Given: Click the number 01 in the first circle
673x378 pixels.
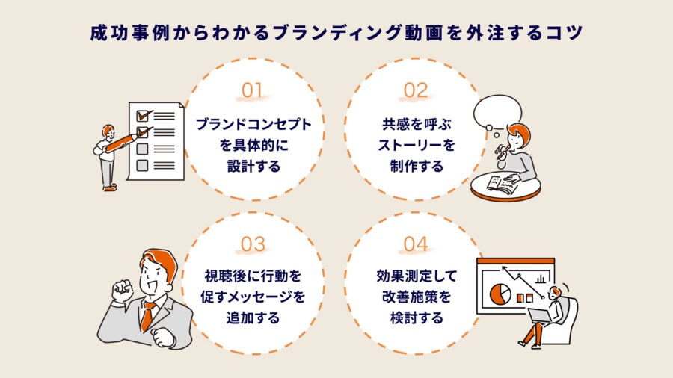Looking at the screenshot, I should point(253,90).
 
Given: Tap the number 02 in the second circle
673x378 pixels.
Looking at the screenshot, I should point(416,90).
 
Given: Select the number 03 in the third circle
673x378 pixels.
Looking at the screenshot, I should point(253,244).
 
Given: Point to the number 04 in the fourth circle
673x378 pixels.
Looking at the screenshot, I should point(416,244).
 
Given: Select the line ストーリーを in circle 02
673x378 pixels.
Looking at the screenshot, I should point(416,145).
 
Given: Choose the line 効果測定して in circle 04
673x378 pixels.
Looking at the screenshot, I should point(416,276).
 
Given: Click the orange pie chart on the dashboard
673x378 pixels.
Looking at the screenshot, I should point(499,293).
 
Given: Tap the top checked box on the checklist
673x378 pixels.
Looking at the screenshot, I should point(141,116).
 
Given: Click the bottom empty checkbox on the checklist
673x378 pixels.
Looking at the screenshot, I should point(142,165).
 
